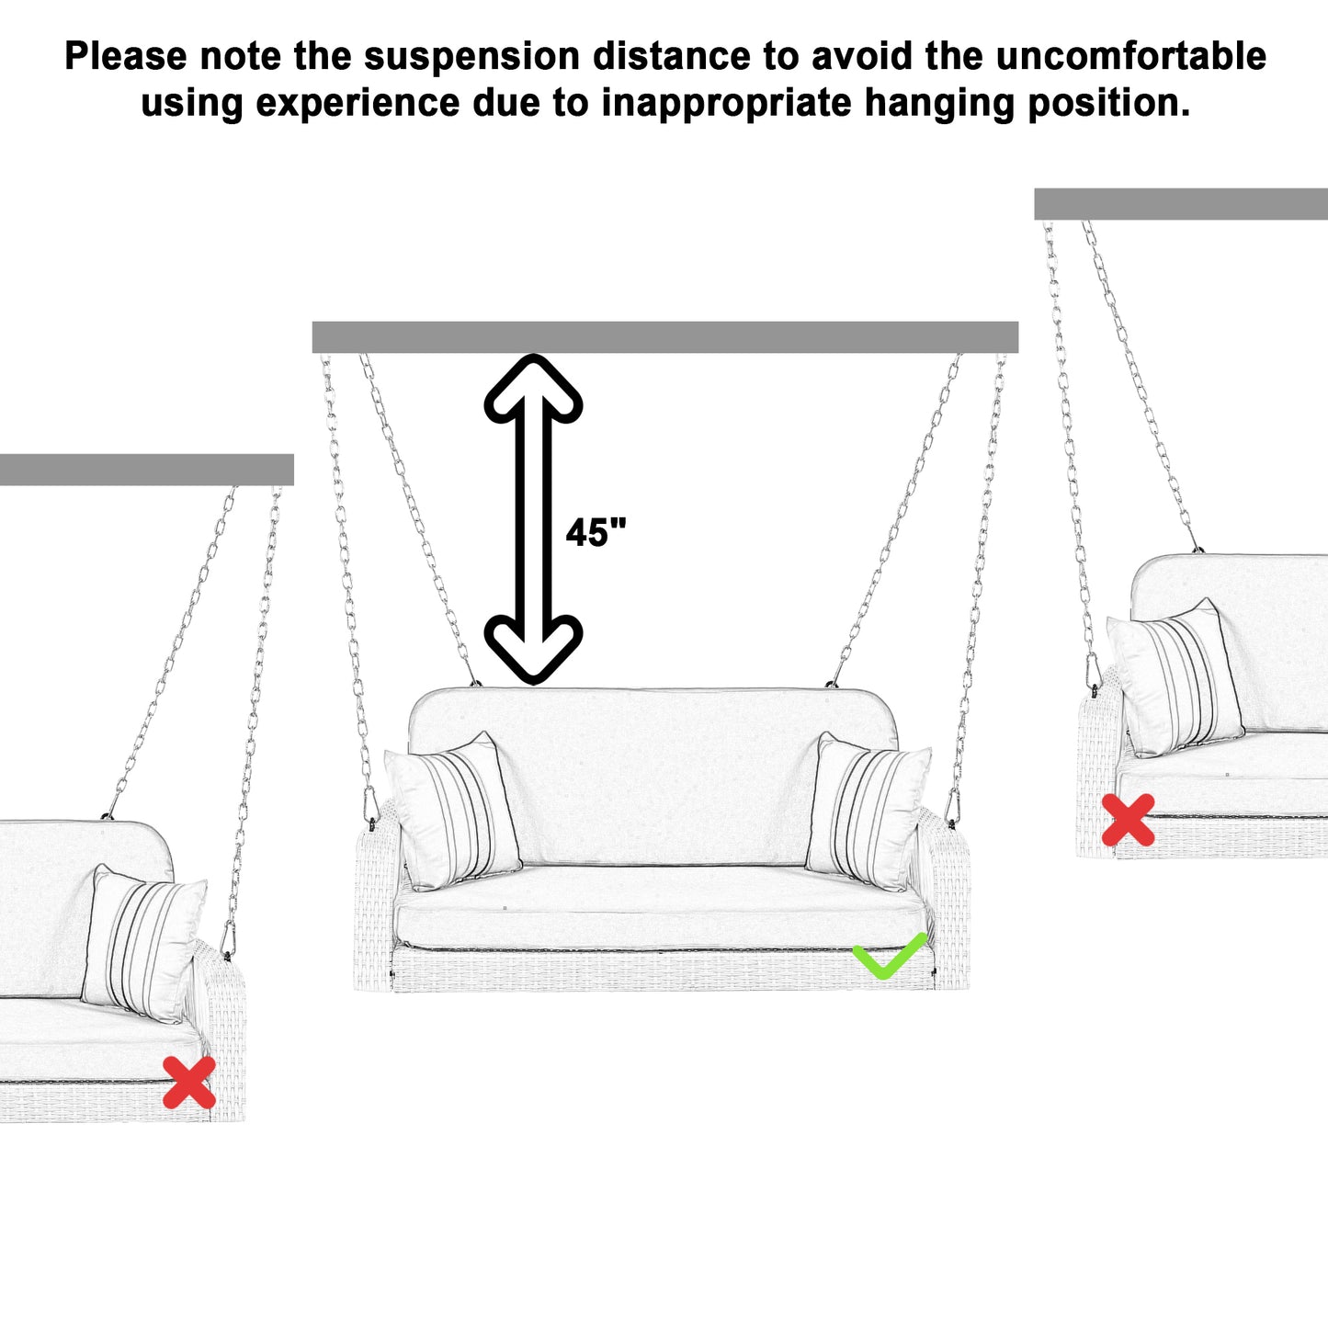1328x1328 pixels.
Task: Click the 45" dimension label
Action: point(596,533)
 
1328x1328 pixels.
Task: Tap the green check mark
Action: point(887,957)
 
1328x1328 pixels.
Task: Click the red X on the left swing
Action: point(189,1082)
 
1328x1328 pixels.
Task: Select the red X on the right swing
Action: point(1128,820)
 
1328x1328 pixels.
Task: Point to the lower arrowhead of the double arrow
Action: point(533,648)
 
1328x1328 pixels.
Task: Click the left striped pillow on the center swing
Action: point(453,812)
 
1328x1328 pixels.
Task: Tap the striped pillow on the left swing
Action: point(144,944)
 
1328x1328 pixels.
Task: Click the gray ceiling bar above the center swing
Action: point(664,337)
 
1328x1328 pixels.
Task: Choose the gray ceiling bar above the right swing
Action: point(1180,204)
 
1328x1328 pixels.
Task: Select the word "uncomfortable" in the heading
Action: point(1130,57)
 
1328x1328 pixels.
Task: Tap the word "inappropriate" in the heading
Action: point(726,103)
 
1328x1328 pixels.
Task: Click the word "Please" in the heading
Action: point(126,57)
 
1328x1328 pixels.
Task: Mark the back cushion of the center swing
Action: point(653,772)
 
